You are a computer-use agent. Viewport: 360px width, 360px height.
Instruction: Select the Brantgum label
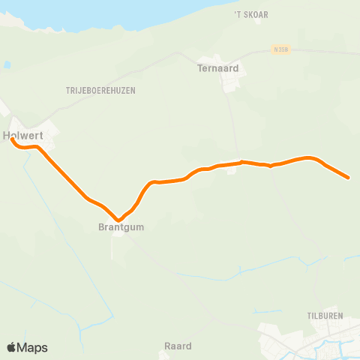tap(120, 226)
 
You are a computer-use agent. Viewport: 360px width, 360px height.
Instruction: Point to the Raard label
tap(178, 346)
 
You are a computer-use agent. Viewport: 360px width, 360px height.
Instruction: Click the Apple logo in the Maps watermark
tap(11, 347)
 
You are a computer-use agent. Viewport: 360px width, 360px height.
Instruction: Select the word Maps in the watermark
tap(32, 347)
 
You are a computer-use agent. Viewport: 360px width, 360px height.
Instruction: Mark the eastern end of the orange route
tap(348, 178)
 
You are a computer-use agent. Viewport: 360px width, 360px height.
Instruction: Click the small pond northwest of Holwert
tap(7, 65)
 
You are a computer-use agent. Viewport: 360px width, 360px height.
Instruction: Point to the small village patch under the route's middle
tap(232, 169)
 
